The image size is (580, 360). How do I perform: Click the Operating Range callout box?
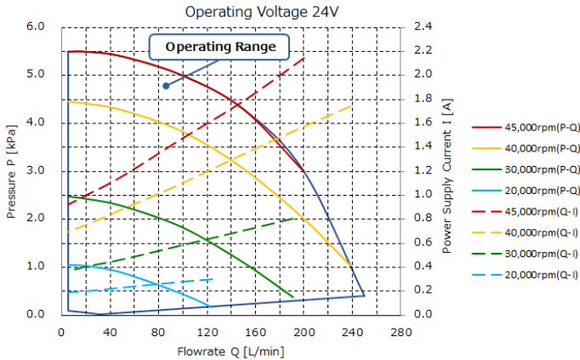click(219, 47)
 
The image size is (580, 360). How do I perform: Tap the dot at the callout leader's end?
click(166, 85)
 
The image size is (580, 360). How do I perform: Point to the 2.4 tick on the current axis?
click(422, 26)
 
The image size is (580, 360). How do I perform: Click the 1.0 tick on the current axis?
click(422, 195)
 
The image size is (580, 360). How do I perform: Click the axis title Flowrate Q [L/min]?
click(231, 351)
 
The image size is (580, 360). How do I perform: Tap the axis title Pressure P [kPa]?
click(11, 170)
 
